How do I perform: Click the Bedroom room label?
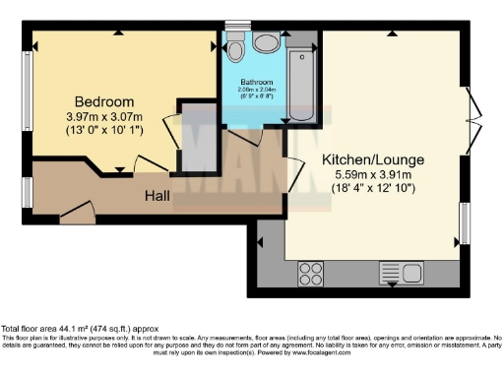point(104,102)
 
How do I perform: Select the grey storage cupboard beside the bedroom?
point(200,138)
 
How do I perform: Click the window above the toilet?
point(238,25)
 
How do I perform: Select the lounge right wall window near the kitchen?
point(464,223)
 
